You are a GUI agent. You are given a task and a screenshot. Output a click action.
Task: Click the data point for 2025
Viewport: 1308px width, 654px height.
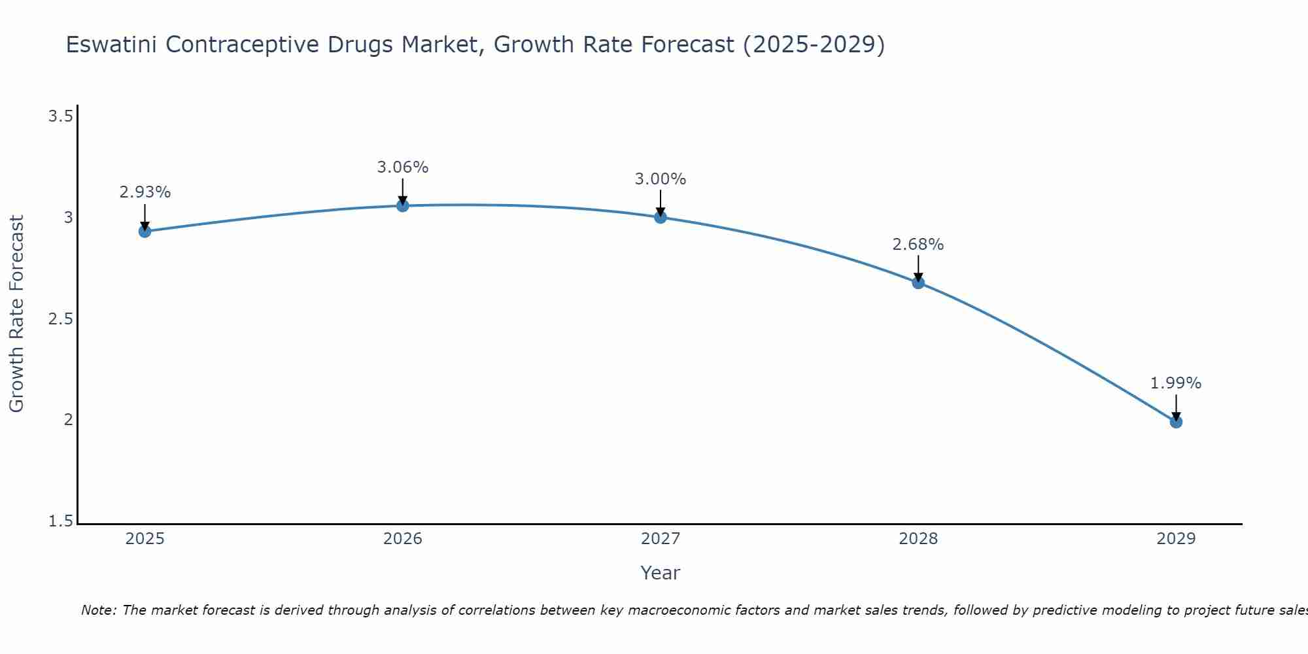(145, 231)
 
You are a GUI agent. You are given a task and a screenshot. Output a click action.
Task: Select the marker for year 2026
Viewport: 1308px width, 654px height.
(403, 205)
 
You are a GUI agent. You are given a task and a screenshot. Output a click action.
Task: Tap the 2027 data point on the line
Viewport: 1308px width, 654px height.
(661, 217)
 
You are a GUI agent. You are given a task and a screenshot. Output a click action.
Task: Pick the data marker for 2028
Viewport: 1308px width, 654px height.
(918, 283)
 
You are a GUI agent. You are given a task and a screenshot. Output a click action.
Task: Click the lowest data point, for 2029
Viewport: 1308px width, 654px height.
(1176, 422)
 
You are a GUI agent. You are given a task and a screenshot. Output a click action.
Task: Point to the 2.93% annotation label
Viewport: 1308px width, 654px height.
(145, 192)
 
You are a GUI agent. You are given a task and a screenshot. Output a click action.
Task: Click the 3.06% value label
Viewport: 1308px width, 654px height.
(403, 167)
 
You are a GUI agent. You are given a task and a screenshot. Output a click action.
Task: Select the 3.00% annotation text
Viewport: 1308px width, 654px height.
(661, 179)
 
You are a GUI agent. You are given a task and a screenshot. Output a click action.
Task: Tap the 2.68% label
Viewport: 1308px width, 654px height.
(918, 245)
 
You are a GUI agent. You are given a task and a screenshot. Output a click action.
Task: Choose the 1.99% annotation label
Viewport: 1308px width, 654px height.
(1176, 383)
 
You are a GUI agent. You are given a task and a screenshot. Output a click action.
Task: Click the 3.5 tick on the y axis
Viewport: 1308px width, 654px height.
(60, 116)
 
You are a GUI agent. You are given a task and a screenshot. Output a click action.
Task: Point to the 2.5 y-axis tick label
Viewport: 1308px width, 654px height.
(60, 319)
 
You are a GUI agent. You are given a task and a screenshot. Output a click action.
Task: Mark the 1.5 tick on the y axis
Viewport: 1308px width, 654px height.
(60, 521)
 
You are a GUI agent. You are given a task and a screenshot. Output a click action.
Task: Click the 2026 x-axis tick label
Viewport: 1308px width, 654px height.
(403, 539)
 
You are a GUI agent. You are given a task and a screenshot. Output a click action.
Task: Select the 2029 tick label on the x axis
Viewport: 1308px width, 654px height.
(1176, 539)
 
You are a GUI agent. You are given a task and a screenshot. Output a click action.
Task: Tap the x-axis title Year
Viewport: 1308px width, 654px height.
(661, 573)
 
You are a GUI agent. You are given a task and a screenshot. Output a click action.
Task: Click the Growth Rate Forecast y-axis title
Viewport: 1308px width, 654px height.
(16, 314)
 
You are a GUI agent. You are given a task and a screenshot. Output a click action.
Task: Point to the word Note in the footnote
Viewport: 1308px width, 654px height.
(98, 610)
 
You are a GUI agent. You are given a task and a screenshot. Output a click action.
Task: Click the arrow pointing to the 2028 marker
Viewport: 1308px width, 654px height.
(918, 268)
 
